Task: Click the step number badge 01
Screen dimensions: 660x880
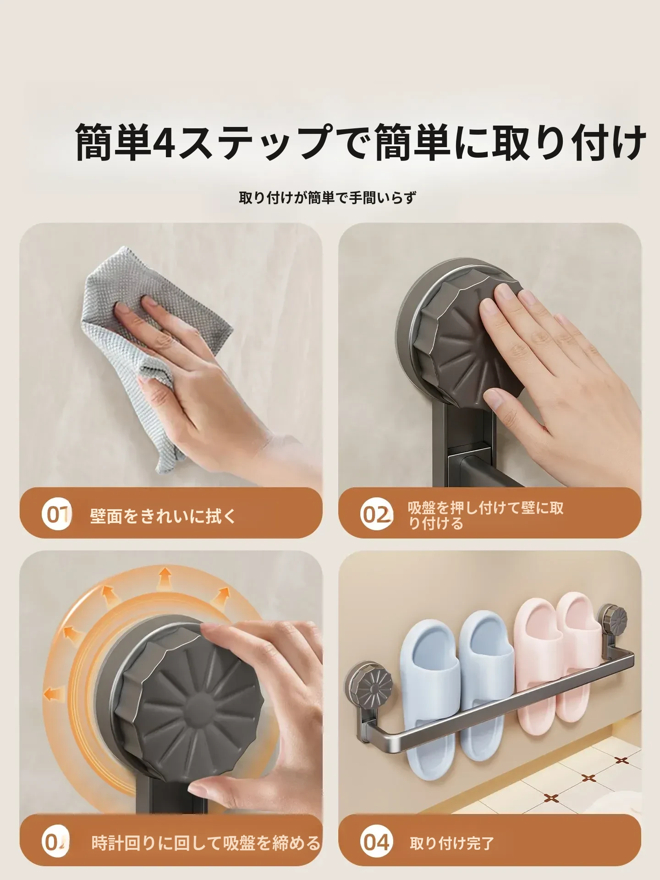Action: [x=57, y=515]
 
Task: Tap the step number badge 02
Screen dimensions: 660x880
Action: [x=376, y=515]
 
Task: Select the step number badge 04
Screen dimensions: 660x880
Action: [x=376, y=842]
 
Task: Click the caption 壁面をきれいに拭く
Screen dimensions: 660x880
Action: [x=164, y=516]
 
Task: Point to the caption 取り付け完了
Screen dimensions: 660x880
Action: [x=452, y=843]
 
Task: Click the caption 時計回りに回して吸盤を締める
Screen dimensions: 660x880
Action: [x=206, y=843]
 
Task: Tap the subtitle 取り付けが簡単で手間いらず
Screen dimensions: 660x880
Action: [x=328, y=198]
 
